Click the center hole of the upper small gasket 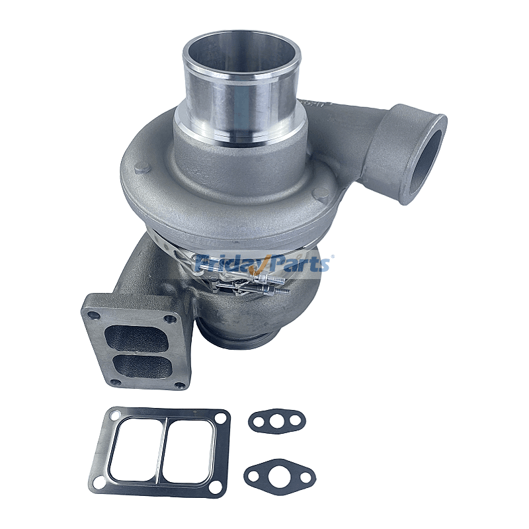(278, 420)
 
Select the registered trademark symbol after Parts (332, 257)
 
